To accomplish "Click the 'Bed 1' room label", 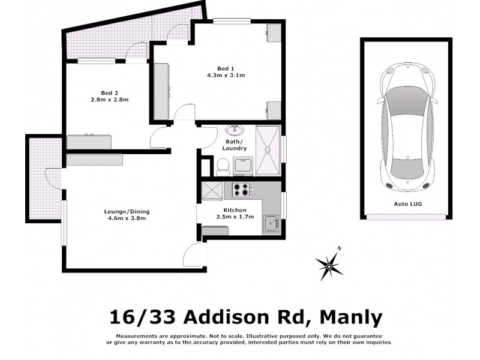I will (x=225, y=68).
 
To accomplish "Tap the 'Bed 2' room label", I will (x=109, y=92).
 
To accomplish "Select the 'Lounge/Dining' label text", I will (x=123, y=211).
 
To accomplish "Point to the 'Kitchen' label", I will (x=233, y=209).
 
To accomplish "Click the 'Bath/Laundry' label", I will (x=234, y=145).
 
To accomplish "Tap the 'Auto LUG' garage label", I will (x=406, y=205).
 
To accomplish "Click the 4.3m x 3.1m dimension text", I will (x=225, y=76).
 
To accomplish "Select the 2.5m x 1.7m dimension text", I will (x=233, y=217).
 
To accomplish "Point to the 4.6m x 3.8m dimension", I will (x=123, y=218).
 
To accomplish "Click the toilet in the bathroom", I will (x=223, y=166).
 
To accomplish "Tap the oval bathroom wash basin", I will (x=233, y=130).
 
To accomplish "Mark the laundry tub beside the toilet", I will (x=243, y=165).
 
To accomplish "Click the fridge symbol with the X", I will (x=212, y=190).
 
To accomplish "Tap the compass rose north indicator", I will (x=329, y=263).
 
